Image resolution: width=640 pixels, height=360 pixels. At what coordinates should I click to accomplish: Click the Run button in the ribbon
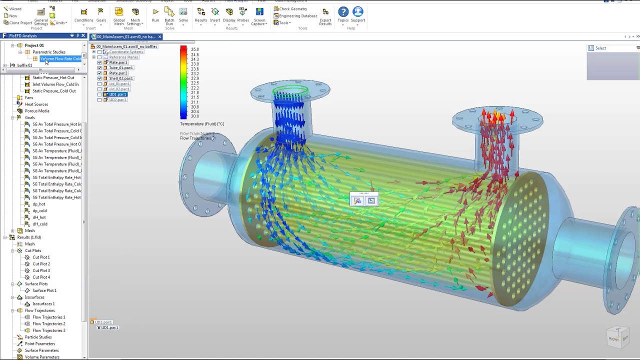pos(155,14)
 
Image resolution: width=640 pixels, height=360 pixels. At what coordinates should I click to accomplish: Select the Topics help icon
pos(343,14)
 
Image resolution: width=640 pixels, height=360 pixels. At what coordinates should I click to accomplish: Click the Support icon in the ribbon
pos(358,14)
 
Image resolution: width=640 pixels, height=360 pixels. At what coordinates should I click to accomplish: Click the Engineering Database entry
pos(298,16)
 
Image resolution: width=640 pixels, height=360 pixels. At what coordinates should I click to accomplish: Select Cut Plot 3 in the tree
pos(41,270)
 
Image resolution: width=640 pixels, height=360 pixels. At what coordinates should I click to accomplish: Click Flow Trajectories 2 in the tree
pos(48,324)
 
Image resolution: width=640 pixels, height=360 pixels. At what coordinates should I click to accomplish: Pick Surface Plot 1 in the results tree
pos(44,290)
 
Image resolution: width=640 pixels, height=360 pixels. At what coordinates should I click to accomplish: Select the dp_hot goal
pos(38,204)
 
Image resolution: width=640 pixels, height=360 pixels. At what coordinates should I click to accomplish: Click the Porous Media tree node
pos(37,111)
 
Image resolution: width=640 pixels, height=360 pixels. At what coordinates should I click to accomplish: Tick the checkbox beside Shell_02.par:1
pos(99,78)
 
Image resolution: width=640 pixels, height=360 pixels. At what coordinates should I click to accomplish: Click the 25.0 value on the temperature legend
pos(194,49)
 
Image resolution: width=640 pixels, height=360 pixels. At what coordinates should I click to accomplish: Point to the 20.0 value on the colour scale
pos(194,116)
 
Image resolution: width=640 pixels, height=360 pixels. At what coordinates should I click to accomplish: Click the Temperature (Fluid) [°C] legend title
pos(202,124)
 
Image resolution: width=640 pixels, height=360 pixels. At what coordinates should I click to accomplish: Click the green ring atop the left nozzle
pos(290,91)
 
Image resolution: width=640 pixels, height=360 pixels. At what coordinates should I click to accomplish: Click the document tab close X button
pos(159,37)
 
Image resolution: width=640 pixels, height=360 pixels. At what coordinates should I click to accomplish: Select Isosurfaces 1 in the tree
pos(43,304)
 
